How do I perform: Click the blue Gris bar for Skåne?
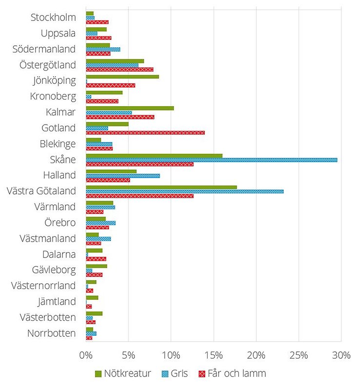(x=211, y=160)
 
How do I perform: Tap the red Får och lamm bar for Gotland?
(x=145, y=132)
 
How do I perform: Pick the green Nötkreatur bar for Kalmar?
(x=130, y=108)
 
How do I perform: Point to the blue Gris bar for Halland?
(x=123, y=175)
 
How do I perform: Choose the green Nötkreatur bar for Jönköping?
(x=122, y=76)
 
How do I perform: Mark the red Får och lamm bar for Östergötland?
(x=119, y=70)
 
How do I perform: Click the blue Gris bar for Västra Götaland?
(x=185, y=191)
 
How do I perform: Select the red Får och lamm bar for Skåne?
(x=139, y=164)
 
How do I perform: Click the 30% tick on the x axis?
(x=341, y=355)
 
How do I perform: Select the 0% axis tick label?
(x=86, y=355)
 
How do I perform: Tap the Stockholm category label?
(x=53, y=18)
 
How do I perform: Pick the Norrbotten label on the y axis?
(x=52, y=333)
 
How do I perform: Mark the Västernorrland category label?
(x=44, y=286)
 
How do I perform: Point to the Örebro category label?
(x=60, y=223)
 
